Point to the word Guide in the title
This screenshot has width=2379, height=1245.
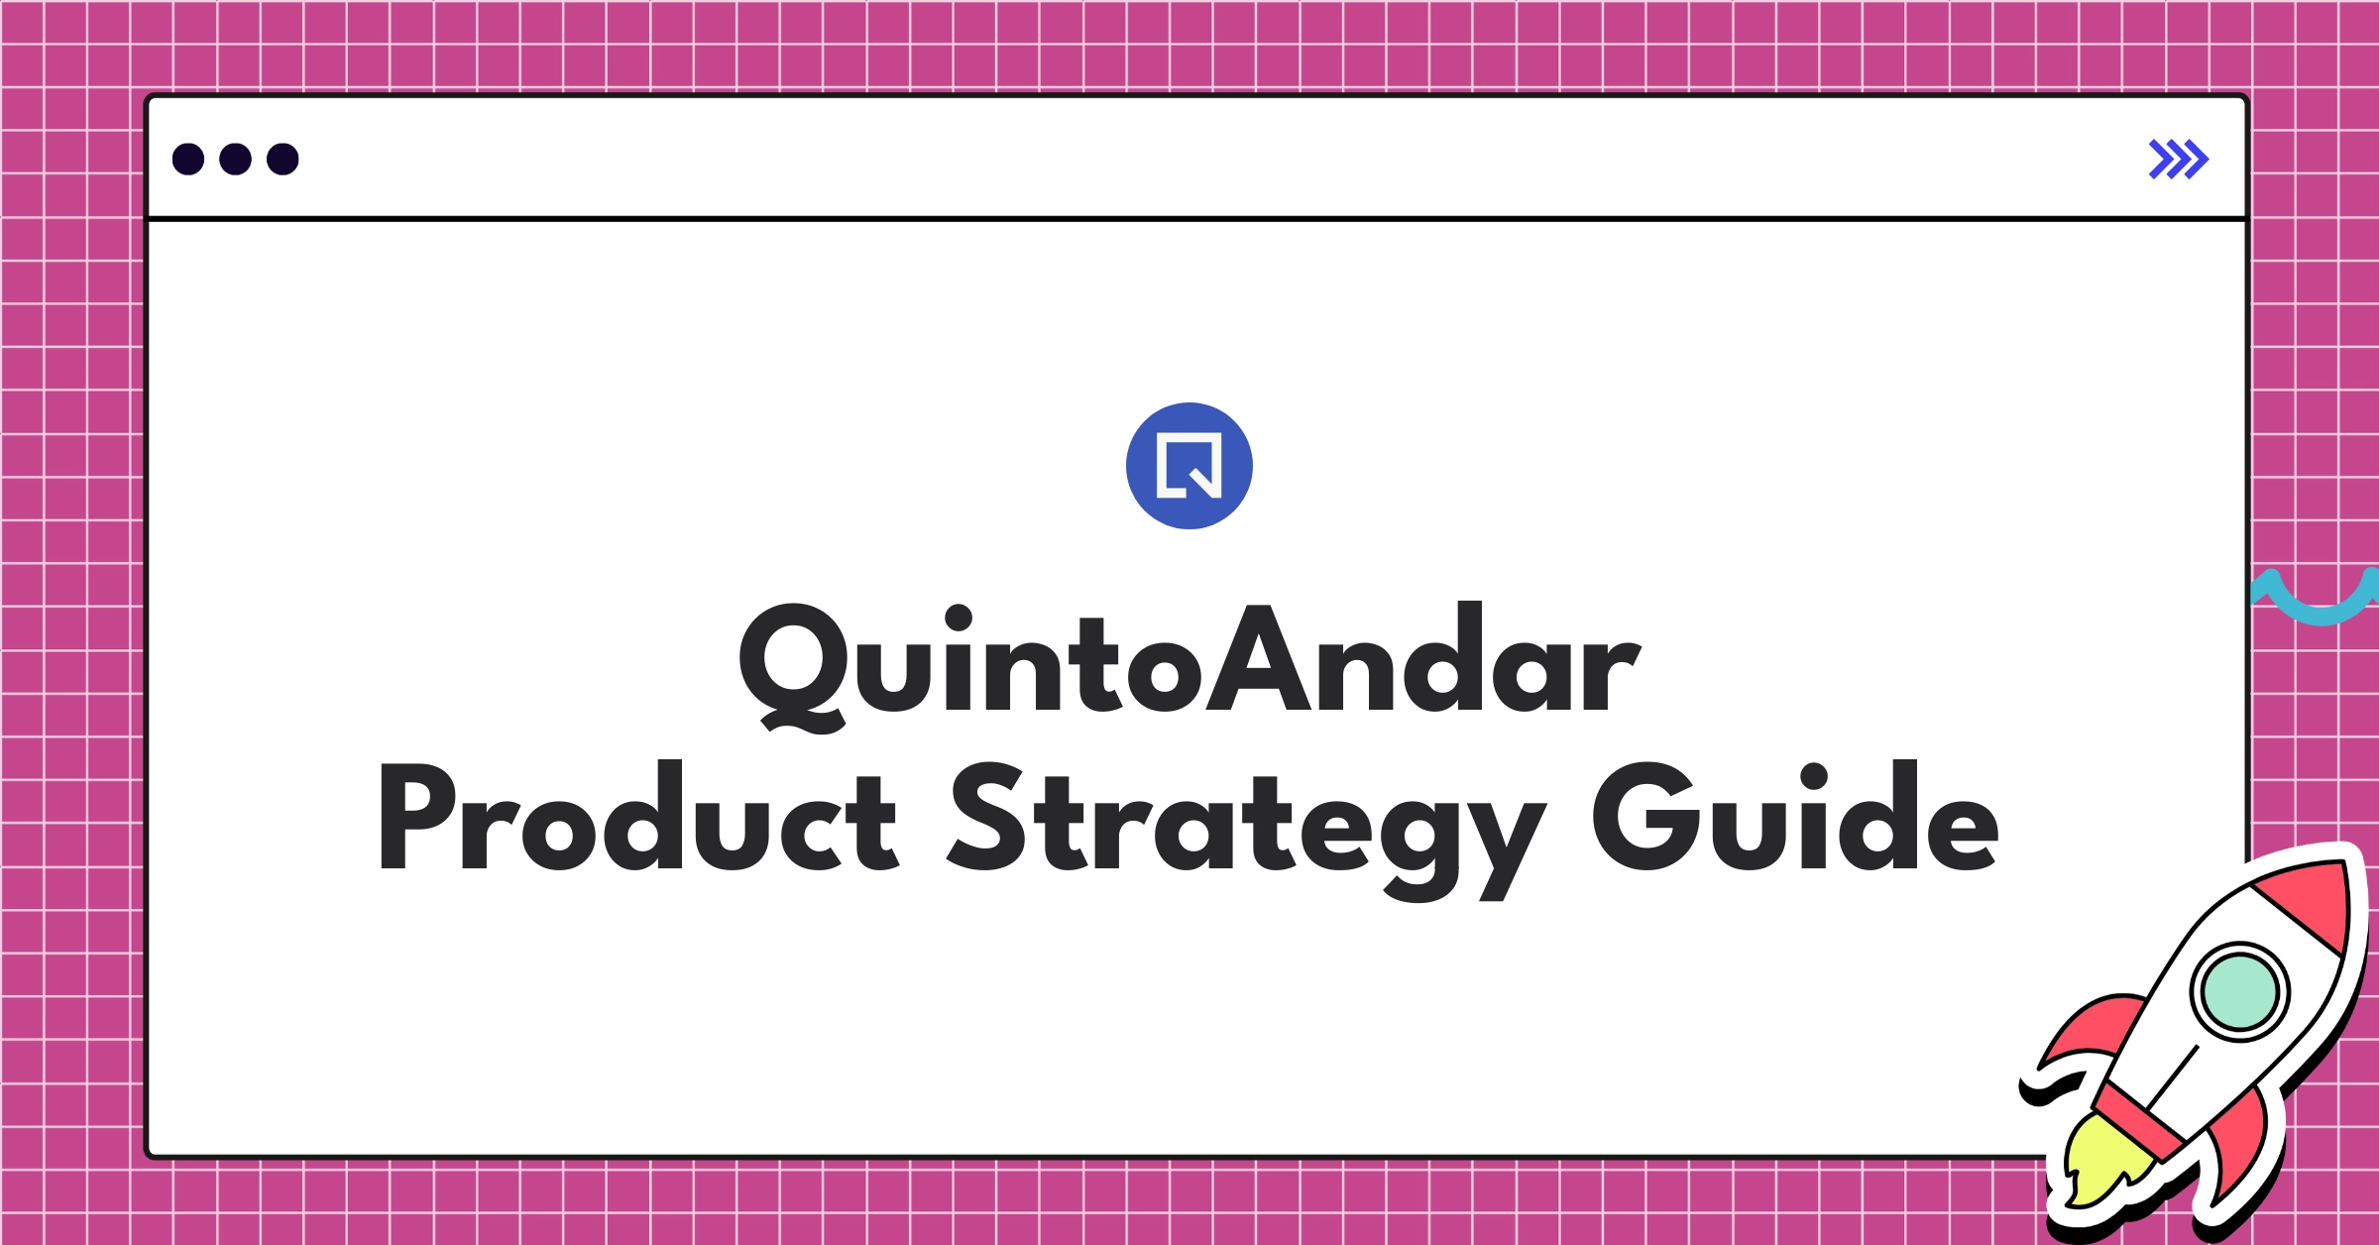click(1794, 819)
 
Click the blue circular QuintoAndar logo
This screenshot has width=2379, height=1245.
click(1189, 466)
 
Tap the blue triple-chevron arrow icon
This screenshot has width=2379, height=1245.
click(2178, 160)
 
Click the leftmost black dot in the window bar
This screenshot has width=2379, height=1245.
click(188, 160)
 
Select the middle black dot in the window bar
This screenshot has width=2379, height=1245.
click(235, 160)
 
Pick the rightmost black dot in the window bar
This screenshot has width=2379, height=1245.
click(283, 160)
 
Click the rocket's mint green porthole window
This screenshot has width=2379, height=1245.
click(2239, 991)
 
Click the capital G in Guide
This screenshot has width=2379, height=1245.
click(1645, 817)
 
